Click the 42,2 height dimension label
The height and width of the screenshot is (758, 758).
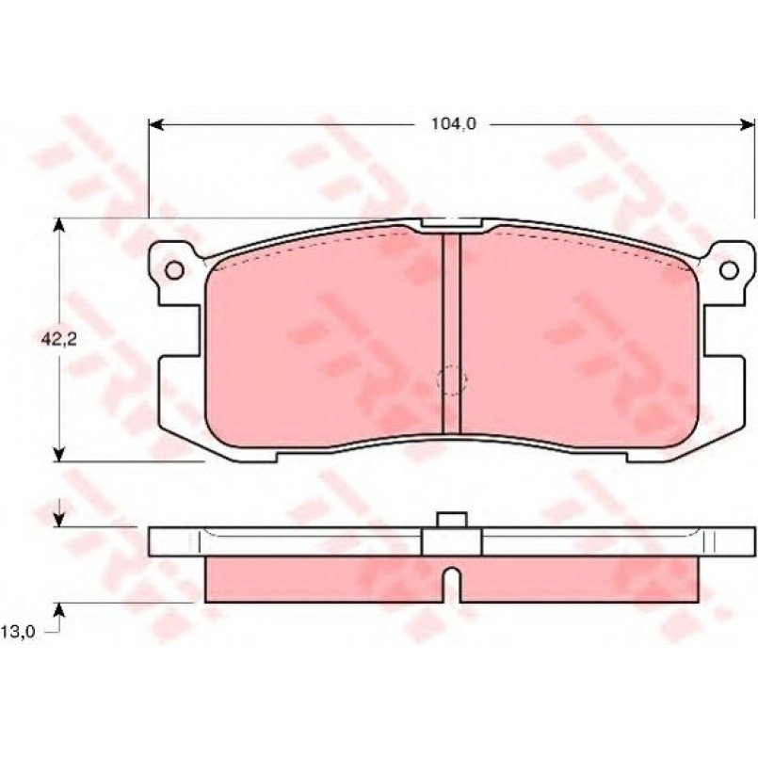point(59,339)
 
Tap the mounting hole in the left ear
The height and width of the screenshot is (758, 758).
point(174,270)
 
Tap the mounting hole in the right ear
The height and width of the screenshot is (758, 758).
point(729,270)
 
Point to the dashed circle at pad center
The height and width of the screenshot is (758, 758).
point(452,380)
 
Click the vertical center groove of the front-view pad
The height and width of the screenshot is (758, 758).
point(452,333)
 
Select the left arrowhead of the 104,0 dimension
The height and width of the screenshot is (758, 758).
point(155,124)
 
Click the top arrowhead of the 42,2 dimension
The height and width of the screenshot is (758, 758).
point(58,226)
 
